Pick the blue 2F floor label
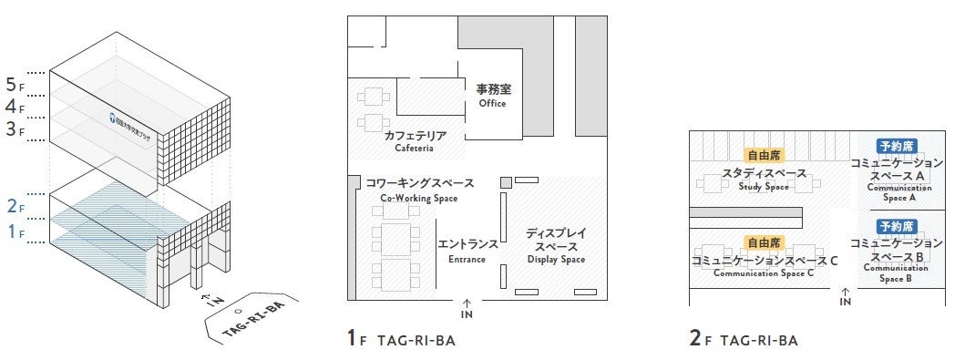(x=13, y=206)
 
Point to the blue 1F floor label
(x=13, y=232)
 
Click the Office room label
(x=492, y=96)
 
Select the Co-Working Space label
(x=406, y=190)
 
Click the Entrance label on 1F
(x=467, y=251)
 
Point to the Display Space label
(x=555, y=246)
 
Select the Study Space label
(x=764, y=179)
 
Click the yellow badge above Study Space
(x=764, y=155)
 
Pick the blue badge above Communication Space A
(x=897, y=146)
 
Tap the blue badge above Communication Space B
(x=897, y=226)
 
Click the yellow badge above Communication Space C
(x=764, y=243)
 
